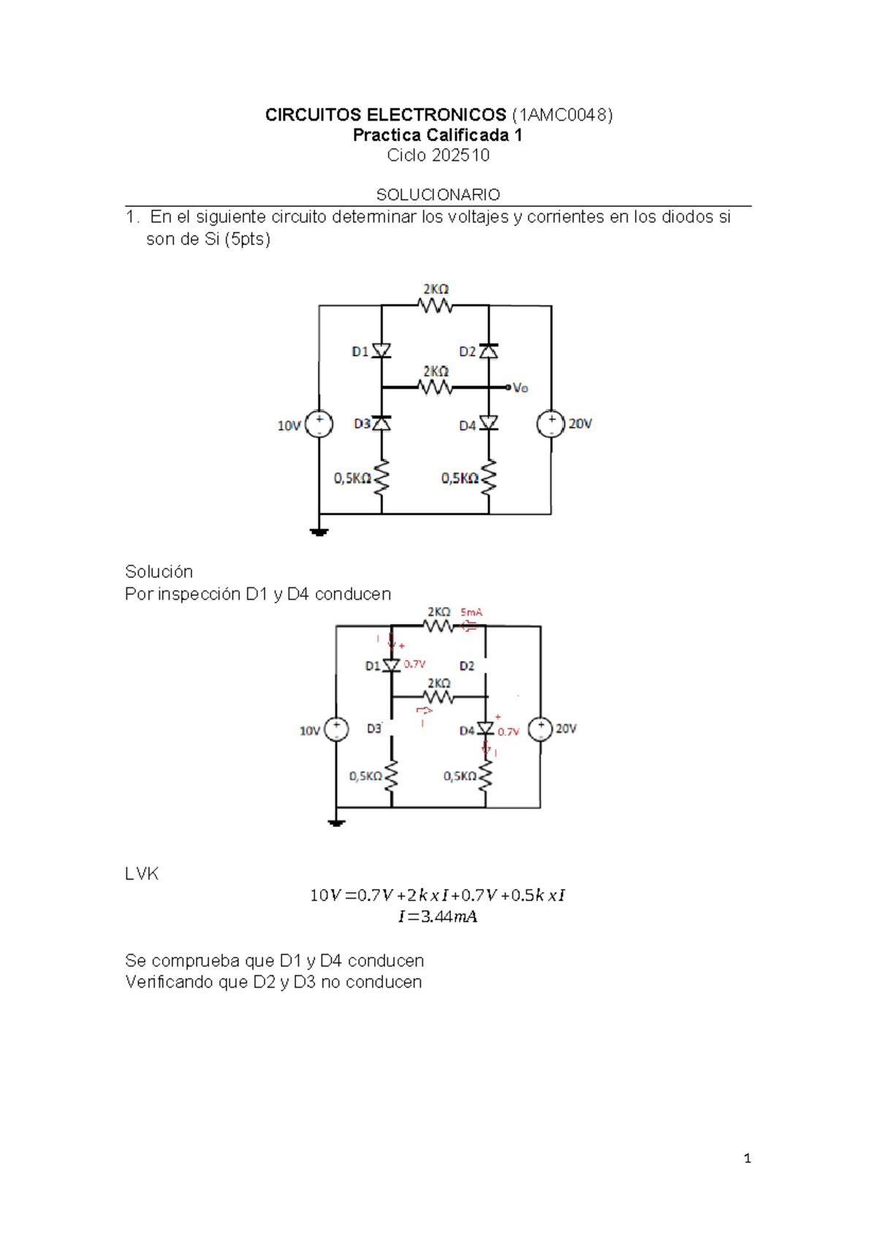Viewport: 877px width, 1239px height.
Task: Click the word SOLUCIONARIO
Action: pos(438,194)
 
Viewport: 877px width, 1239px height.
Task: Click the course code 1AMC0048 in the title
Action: pos(562,115)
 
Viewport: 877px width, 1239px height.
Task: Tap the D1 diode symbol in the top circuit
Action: pos(381,351)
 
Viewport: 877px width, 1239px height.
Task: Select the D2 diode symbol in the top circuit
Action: pos(489,351)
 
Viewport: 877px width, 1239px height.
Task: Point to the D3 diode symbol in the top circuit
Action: pos(381,424)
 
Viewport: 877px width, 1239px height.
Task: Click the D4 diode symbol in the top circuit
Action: pos(489,424)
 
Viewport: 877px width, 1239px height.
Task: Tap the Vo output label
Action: pos(520,388)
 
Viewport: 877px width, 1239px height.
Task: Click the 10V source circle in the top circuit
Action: pos(319,424)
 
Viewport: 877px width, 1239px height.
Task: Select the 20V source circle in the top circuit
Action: pos(550,424)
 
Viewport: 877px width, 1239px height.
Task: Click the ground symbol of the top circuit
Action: pos(319,532)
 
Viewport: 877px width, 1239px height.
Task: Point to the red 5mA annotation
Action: pos(471,612)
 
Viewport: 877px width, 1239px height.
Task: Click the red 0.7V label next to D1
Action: pos(414,664)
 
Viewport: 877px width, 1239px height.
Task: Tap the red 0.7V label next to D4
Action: pos(508,731)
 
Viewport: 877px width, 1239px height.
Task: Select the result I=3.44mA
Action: pos(438,917)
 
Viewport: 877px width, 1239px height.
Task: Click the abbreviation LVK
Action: pos(142,874)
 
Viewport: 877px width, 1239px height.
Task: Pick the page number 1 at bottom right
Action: pos(747,1158)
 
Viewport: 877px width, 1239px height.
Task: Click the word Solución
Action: pos(159,571)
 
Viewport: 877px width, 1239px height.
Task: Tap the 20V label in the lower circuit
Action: pos(566,728)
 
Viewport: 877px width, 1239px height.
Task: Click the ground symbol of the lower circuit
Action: pos(336,823)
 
